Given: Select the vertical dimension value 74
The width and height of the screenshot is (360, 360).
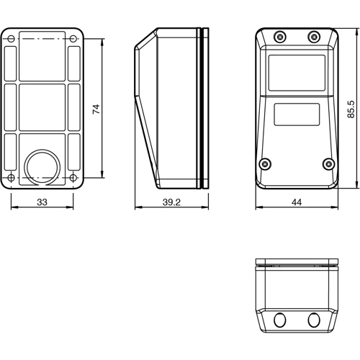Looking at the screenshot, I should (95, 108).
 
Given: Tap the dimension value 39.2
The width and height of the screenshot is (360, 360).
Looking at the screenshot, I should (171, 204).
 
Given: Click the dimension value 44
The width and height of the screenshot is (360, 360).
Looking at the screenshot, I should (297, 204).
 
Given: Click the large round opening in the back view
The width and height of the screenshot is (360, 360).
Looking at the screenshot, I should (42, 165).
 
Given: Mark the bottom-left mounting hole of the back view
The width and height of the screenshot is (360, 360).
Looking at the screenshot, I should (12, 178).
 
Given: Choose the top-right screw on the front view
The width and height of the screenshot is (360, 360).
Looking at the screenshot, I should (313, 37).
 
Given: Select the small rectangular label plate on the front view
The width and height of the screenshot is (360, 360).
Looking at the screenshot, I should (297, 114).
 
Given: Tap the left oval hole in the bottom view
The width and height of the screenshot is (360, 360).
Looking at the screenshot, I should (280, 320).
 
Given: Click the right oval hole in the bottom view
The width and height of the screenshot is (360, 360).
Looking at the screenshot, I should (313, 320).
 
